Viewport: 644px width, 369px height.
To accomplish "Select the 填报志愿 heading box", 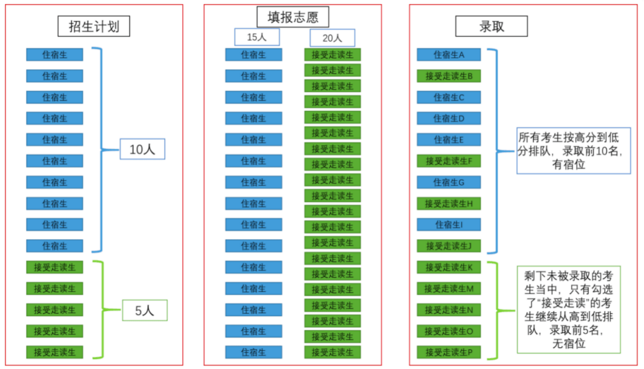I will click(x=293, y=18).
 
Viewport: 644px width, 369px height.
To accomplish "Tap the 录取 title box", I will click(x=491, y=26).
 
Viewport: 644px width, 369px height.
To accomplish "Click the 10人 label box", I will click(x=142, y=149).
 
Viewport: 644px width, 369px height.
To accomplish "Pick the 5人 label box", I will click(x=145, y=311).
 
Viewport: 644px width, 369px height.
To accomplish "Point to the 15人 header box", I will click(x=257, y=37).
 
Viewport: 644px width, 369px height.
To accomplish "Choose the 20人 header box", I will click(x=332, y=38).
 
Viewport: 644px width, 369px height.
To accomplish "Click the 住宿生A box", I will click(x=449, y=55).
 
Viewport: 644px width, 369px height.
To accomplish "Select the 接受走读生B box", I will click(x=449, y=76).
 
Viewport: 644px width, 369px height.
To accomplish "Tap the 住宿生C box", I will click(x=449, y=97).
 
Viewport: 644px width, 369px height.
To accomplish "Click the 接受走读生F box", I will click(x=449, y=161).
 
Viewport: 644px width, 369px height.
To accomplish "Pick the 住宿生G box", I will click(x=449, y=182).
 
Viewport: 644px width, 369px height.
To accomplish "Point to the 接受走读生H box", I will click(x=449, y=203).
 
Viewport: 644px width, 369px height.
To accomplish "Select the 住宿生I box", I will click(x=449, y=225).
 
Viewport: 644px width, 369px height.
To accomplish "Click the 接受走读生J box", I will click(x=449, y=246).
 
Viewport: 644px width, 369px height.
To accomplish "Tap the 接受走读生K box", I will click(x=449, y=267).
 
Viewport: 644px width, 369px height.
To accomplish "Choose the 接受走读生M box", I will click(x=449, y=288).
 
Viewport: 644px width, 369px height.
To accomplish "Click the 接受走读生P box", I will click(x=449, y=352).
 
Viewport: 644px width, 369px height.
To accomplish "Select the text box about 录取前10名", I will click(x=574, y=151).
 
